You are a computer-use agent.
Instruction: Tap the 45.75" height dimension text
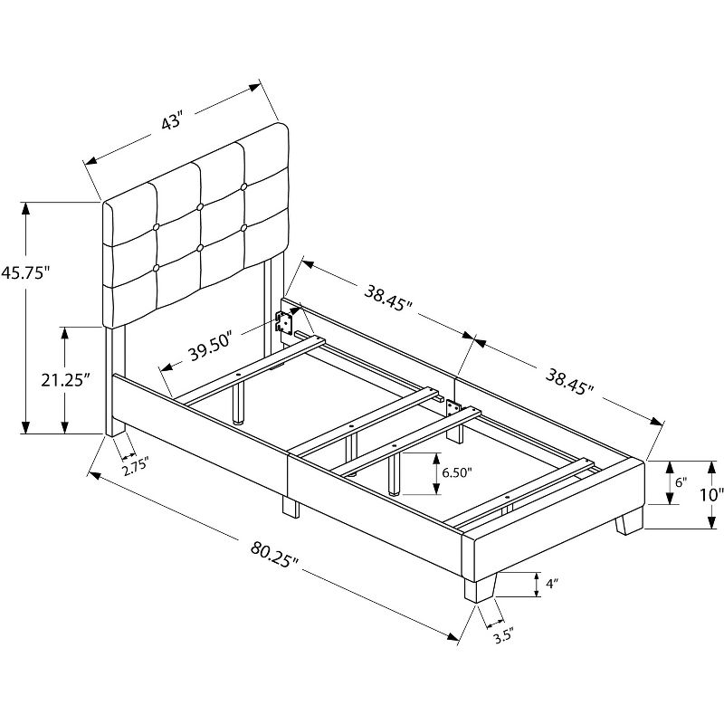[x=24, y=271]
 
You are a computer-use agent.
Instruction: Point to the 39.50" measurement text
[x=210, y=348]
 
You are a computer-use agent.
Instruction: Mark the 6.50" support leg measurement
[x=458, y=472]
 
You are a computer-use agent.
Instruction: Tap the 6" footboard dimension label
[x=679, y=484]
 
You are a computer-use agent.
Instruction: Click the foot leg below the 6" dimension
[x=628, y=522]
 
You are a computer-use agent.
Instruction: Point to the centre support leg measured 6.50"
[x=395, y=472]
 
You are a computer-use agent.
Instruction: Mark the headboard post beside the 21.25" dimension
[x=115, y=380]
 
